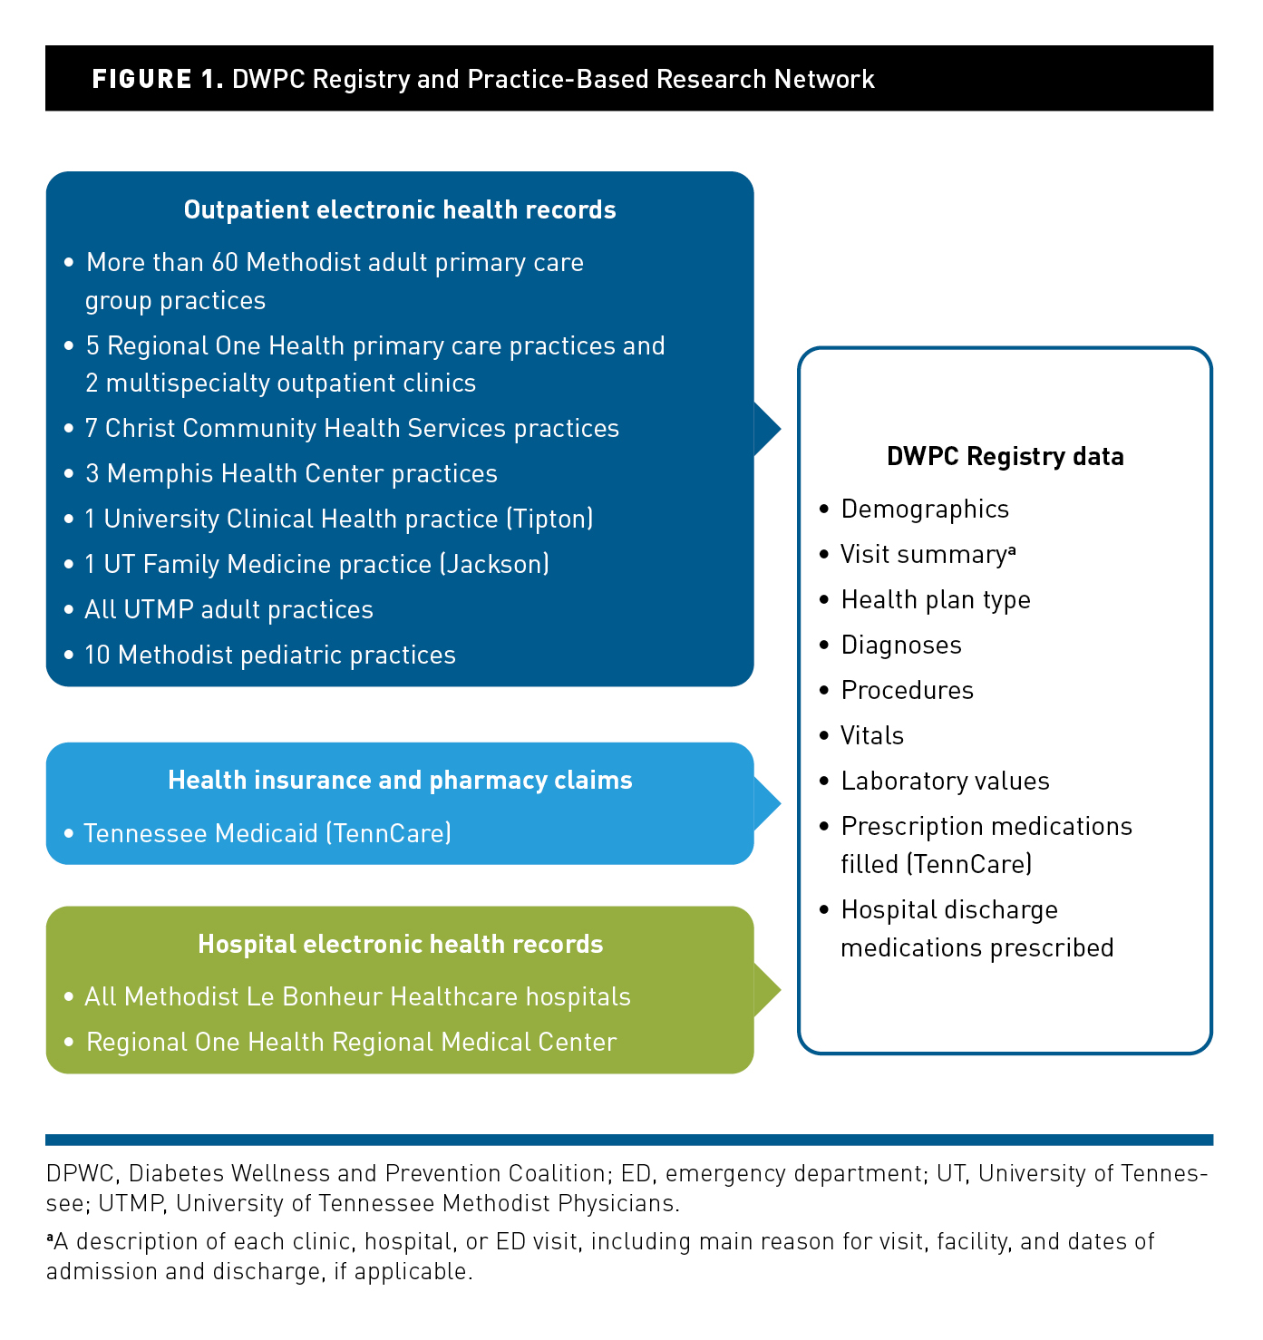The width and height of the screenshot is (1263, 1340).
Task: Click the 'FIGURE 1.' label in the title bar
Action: click(x=157, y=79)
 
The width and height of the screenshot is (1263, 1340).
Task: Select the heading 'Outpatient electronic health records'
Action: click(x=400, y=210)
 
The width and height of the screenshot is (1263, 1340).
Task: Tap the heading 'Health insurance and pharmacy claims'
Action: click(x=400, y=781)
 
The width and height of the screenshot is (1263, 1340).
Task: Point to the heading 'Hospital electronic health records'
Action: click(x=400, y=944)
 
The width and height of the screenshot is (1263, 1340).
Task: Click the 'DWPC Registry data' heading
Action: click(x=1005, y=456)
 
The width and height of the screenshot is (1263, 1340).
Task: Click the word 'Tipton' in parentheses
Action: click(x=549, y=519)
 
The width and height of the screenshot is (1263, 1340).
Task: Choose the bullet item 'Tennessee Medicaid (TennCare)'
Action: click(x=267, y=833)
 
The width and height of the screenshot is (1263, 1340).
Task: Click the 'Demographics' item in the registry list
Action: click(x=925, y=509)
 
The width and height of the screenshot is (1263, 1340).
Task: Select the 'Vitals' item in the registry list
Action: click(x=872, y=735)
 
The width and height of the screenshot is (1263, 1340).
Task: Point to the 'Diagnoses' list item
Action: click(x=901, y=645)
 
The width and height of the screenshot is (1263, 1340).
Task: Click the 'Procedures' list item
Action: click(x=907, y=690)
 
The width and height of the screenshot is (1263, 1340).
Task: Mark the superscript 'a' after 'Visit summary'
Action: click(x=1011, y=549)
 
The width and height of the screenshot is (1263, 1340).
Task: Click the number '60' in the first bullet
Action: click(x=225, y=263)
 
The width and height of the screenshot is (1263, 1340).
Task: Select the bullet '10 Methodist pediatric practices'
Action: click(x=269, y=655)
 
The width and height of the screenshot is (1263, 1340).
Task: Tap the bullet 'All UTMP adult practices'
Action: click(x=228, y=609)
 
